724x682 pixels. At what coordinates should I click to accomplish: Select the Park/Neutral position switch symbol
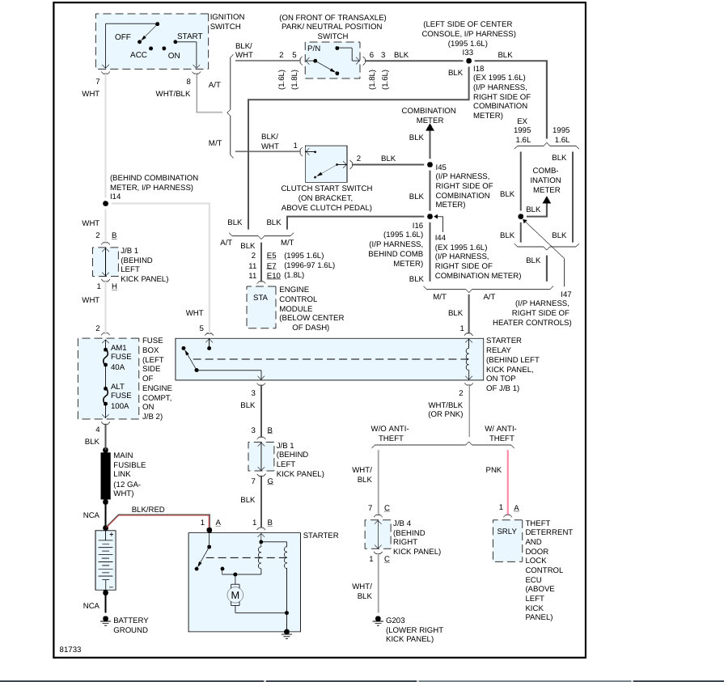point(332,60)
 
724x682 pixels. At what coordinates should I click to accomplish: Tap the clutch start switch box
point(326,163)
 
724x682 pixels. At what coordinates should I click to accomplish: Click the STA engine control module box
point(260,306)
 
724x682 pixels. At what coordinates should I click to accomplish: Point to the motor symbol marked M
point(236,595)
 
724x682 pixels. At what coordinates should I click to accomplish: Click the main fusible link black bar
point(105,475)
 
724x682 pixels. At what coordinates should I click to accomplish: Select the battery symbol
point(105,560)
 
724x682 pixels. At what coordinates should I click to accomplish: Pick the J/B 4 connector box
point(378,534)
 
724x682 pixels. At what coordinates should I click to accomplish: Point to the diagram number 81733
point(70,649)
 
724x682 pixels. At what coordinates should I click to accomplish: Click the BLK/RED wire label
point(147,510)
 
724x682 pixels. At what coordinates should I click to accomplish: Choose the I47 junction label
point(565,294)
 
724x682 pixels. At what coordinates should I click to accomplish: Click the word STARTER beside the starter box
point(320,536)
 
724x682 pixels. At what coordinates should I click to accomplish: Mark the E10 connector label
point(273,276)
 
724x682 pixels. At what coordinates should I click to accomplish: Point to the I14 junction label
point(116,197)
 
